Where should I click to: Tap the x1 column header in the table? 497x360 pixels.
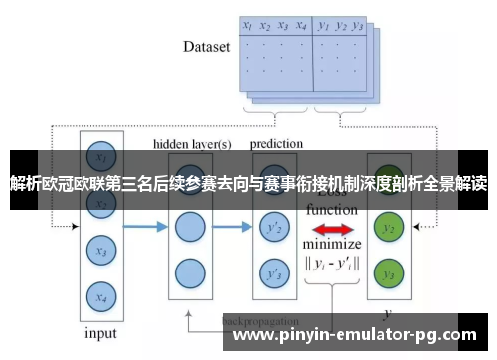248,27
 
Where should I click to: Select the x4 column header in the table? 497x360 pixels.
301,27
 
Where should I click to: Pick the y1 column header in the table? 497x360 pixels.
325,27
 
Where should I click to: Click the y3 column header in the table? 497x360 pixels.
359,27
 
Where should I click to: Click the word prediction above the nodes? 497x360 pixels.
278,144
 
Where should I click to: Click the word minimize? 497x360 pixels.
332,245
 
